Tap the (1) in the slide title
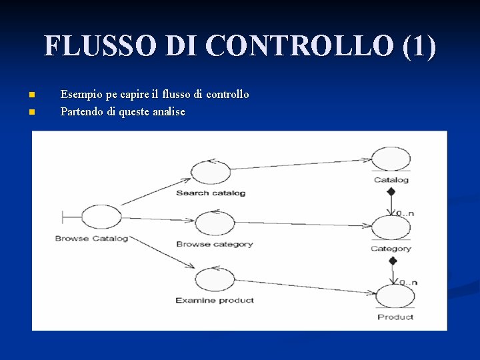pos(419,46)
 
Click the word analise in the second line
pos(169,112)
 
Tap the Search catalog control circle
pos(211,172)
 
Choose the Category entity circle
pos(391,228)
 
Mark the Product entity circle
pos(395,296)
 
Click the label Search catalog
pos(211,193)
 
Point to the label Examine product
pos(215,301)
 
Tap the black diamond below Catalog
pos(391,192)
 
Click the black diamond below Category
pos(392,261)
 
